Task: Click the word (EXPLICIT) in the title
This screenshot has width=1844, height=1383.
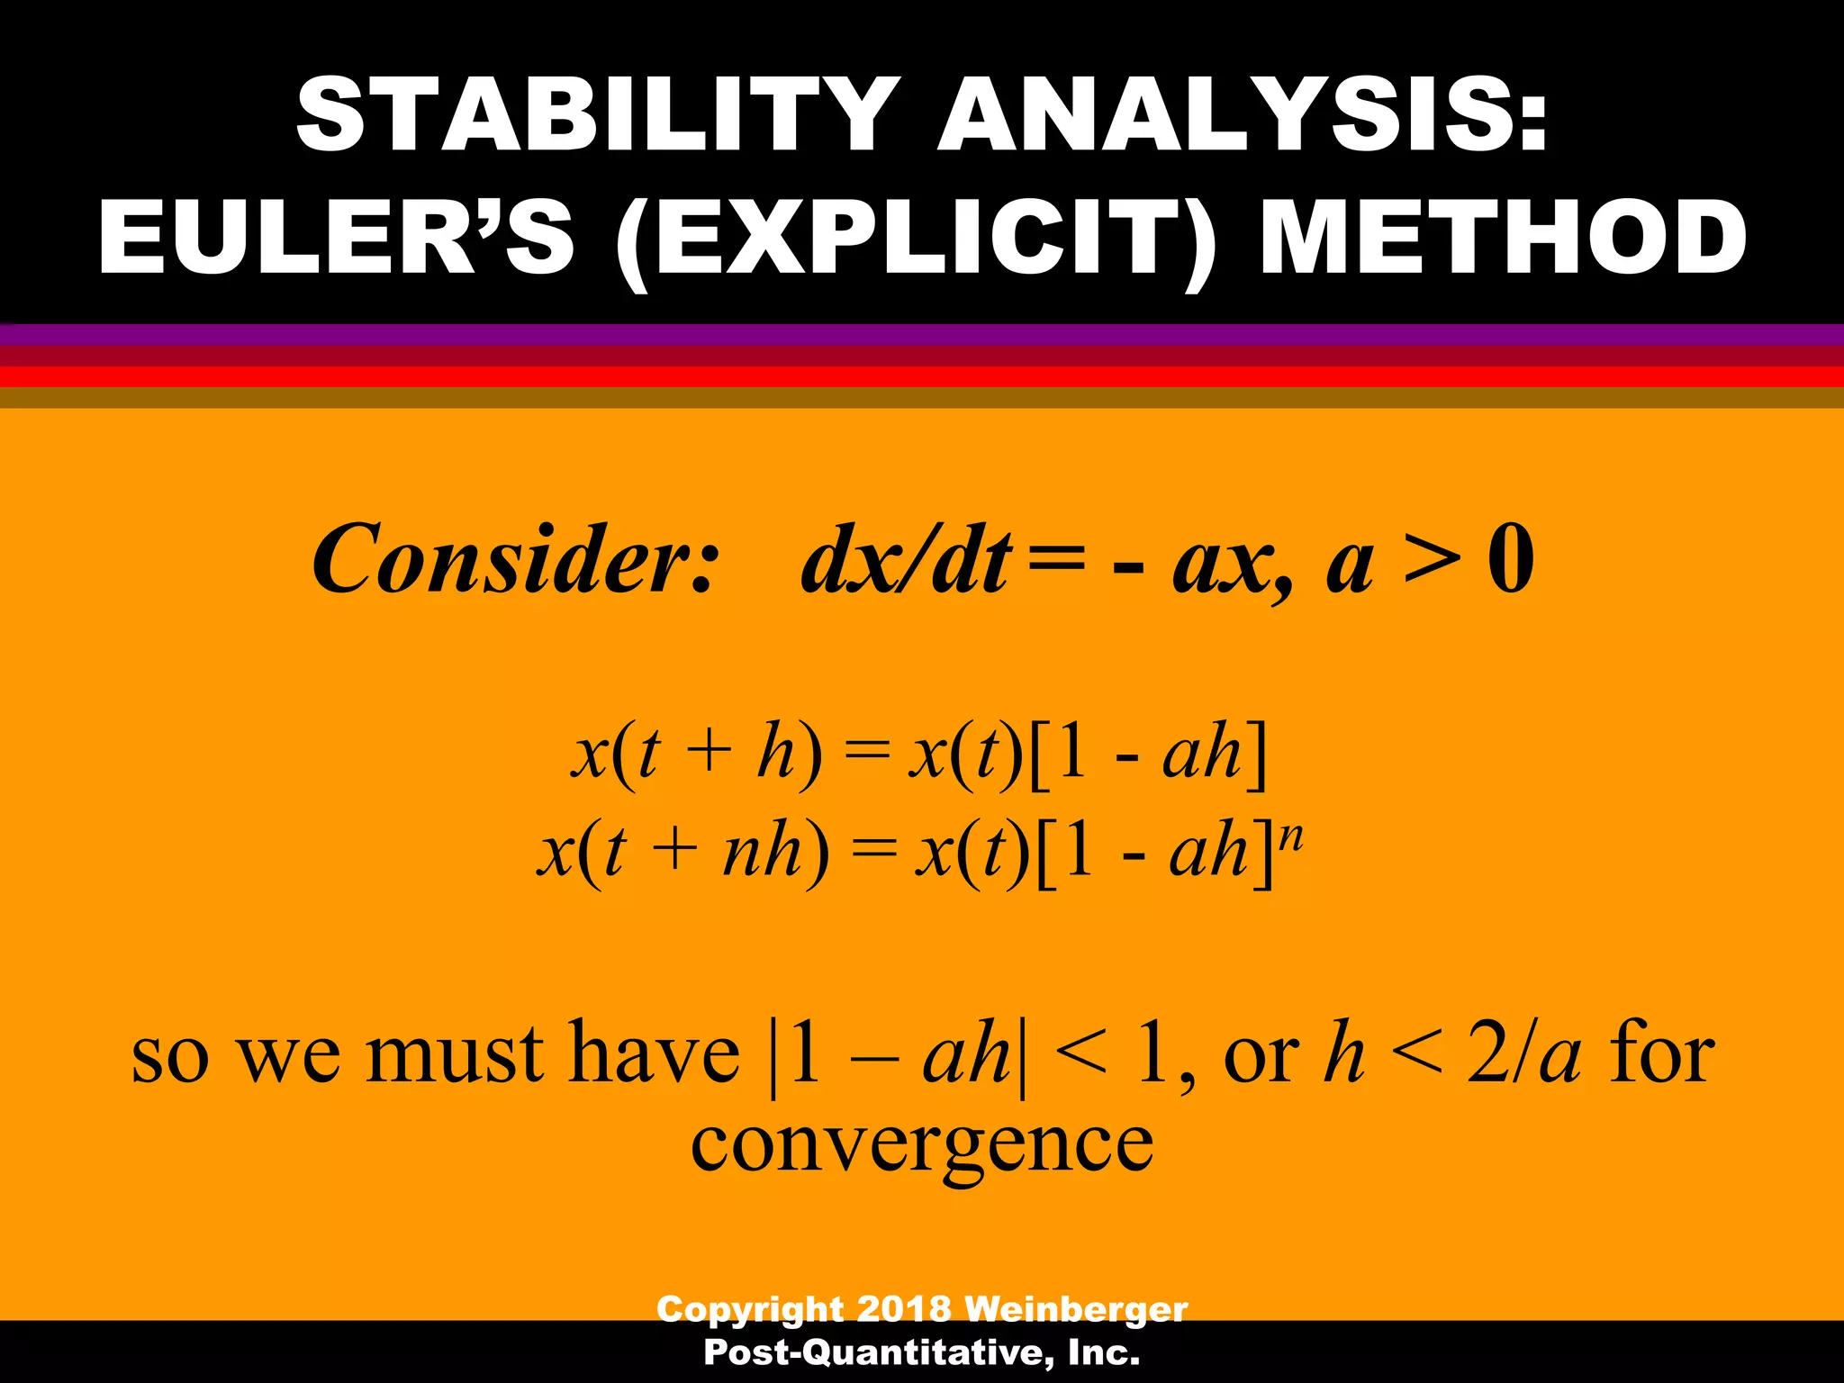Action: point(915,238)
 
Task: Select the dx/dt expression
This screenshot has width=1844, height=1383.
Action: point(905,560)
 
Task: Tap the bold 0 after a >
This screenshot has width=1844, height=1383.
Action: point(1511,560)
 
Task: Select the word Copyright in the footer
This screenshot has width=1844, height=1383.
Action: point(750,1308)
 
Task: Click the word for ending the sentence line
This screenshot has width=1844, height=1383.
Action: point(1662,1054)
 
